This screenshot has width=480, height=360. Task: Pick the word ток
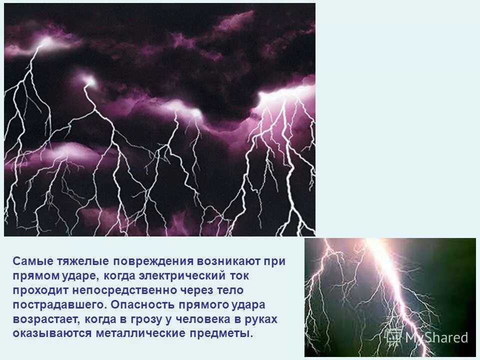coord(237,275)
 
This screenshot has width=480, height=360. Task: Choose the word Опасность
coord(141,304)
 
